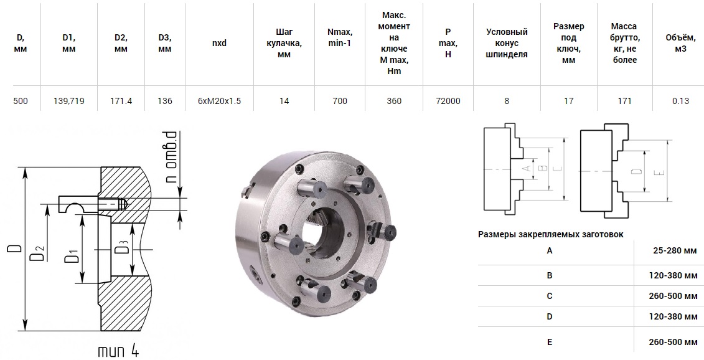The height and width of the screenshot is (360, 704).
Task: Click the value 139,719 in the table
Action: pyautogui.click(x=68, y=101)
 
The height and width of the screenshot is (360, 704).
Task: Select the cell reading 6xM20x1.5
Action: pyautogui.click(x=219, y=101)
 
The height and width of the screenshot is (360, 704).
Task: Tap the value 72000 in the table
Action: pyautogui.click(x=448, y=101)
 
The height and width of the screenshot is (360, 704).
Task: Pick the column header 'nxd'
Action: pyautogui.click(x=219, y=43)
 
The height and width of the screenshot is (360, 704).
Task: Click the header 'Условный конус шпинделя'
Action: pyautogui.click(x=507, y=43)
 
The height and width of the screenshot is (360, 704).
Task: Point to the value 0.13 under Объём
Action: pyautogui.click(x=680, y=101)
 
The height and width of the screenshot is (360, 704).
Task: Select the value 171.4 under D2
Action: pyautogui.click(x=121, y=101)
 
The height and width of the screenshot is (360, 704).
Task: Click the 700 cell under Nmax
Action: pyautogui.click(x=340, y=101)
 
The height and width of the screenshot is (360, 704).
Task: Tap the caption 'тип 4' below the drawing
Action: pyautogui.click(x=118, y=350)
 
